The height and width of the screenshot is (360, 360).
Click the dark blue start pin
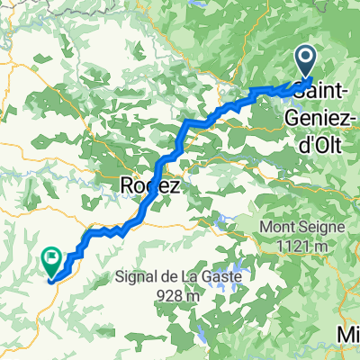(306, 62)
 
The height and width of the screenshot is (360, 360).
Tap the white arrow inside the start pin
(306, 58)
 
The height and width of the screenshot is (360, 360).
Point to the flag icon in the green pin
(52, 257)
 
